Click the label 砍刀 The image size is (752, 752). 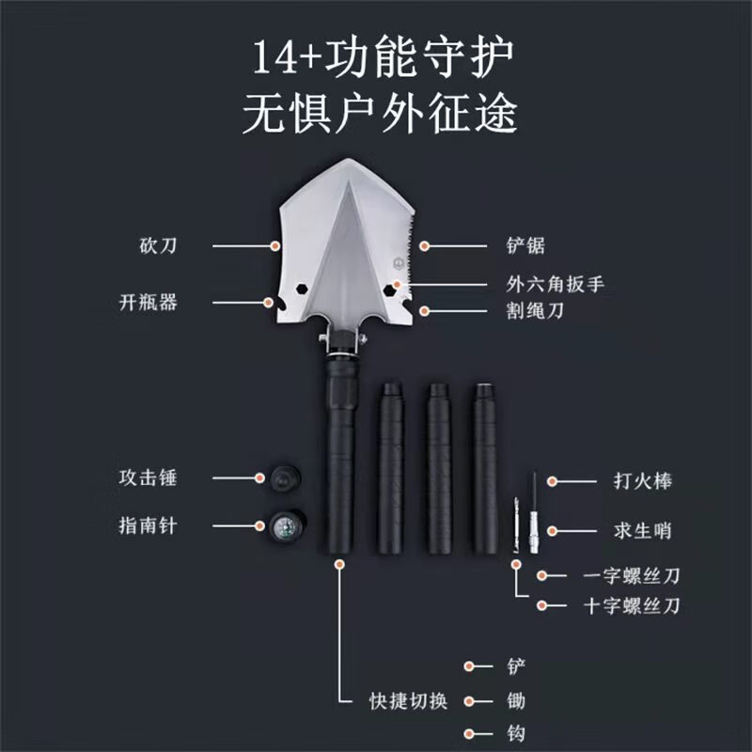(158, 245)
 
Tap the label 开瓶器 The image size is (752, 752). (149, 302)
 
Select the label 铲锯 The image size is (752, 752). (525, 245)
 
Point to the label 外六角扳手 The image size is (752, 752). (555, 284)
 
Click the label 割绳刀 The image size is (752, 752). (535, 311)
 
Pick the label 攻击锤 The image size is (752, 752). (149, 478)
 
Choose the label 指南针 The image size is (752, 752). (149, 525)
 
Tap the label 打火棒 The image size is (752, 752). (643, 481)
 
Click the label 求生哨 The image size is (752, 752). (643, 531)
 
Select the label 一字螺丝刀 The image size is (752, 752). (632, 575)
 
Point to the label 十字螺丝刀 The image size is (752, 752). (632, 605)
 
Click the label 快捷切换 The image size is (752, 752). (409, 701)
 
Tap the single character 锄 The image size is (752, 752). (516, 701)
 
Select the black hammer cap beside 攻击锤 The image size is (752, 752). (286, 478)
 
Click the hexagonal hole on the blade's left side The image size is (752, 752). (302, 289)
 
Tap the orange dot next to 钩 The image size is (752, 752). (469, 734)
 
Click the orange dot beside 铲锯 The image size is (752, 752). (424, 246)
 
